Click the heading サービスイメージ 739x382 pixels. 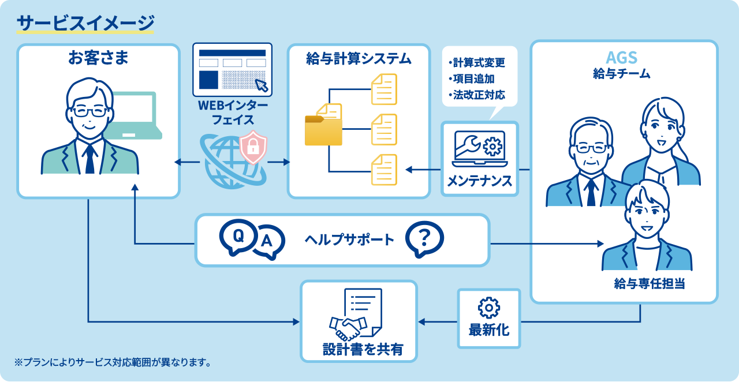coord(85,23)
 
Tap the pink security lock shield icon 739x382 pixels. coord(253,147)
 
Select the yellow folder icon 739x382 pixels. coord(323,128)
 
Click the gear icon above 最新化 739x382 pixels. coord(489,308)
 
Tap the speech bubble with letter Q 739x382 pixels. coord(238,236)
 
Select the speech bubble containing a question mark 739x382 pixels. coord(424,239)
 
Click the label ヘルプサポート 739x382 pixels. coord(349,239)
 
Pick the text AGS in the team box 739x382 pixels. coord(622,58)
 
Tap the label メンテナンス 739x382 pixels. coord(479,181)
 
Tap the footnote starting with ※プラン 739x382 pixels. coord(113,362)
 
